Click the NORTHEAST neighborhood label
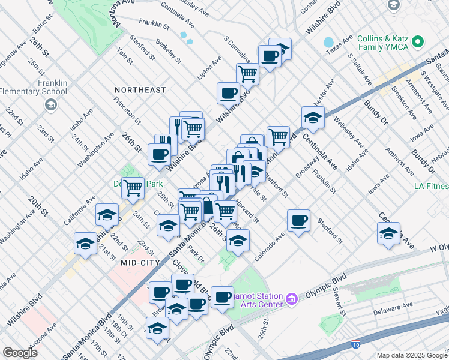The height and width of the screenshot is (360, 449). coord(140,90)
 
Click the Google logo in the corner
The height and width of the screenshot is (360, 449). coord(20,353)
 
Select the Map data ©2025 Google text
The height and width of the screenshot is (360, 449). coord(411,355)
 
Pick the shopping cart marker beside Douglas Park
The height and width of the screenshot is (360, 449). coord(133,188)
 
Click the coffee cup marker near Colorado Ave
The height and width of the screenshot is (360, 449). coord(298,221)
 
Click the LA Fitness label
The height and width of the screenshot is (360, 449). coord(431,186)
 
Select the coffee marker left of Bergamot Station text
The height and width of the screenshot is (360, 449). coord(222,297)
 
